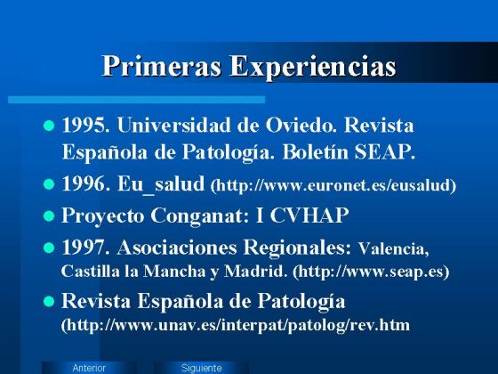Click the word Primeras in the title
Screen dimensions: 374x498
point(161,67)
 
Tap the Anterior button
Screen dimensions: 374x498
point(89,368)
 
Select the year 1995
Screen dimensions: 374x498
point(85,125)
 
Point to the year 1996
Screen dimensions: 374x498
point(85,185)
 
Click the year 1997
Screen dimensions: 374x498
point(85,246)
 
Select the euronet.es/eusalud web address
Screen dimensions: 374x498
point(333,186)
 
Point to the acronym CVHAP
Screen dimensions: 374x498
point(312,215)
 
